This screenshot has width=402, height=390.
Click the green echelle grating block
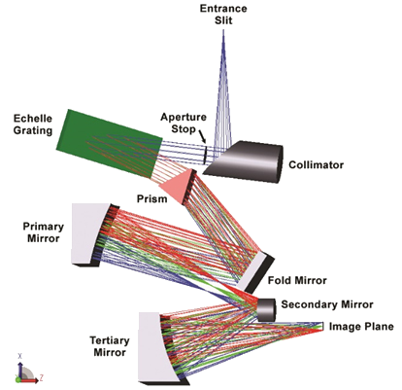[x=110, y=143]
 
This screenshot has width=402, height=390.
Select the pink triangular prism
[x=179, y=188]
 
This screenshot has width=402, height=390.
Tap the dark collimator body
[x=246, y=161]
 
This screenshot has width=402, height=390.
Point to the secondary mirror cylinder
[x=267, y=310]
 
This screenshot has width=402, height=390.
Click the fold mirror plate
[x=255, y=271]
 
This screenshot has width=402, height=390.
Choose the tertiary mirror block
[x=160, y=348]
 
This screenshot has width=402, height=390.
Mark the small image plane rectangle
[x=321, y=326]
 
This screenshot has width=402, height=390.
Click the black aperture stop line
[x=205, y=155]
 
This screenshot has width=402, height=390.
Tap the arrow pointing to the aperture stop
[x=202, y=136]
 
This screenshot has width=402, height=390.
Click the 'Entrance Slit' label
[x=223, y=15]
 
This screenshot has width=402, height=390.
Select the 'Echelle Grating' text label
[x=33, y=124]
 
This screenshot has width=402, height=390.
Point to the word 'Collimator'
[x=316, y=165]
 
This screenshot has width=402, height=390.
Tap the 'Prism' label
[x=151, y=198]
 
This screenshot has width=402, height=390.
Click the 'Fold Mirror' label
[x=297, y=280]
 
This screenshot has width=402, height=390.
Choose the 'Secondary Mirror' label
[x=327, y=304]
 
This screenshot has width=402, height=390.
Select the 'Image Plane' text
[x=361, y=327]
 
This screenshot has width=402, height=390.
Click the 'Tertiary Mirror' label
[x=110, y=346]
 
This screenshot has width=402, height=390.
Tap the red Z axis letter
[x=42, y=377]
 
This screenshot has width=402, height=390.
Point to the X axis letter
[x=20, y=356]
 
